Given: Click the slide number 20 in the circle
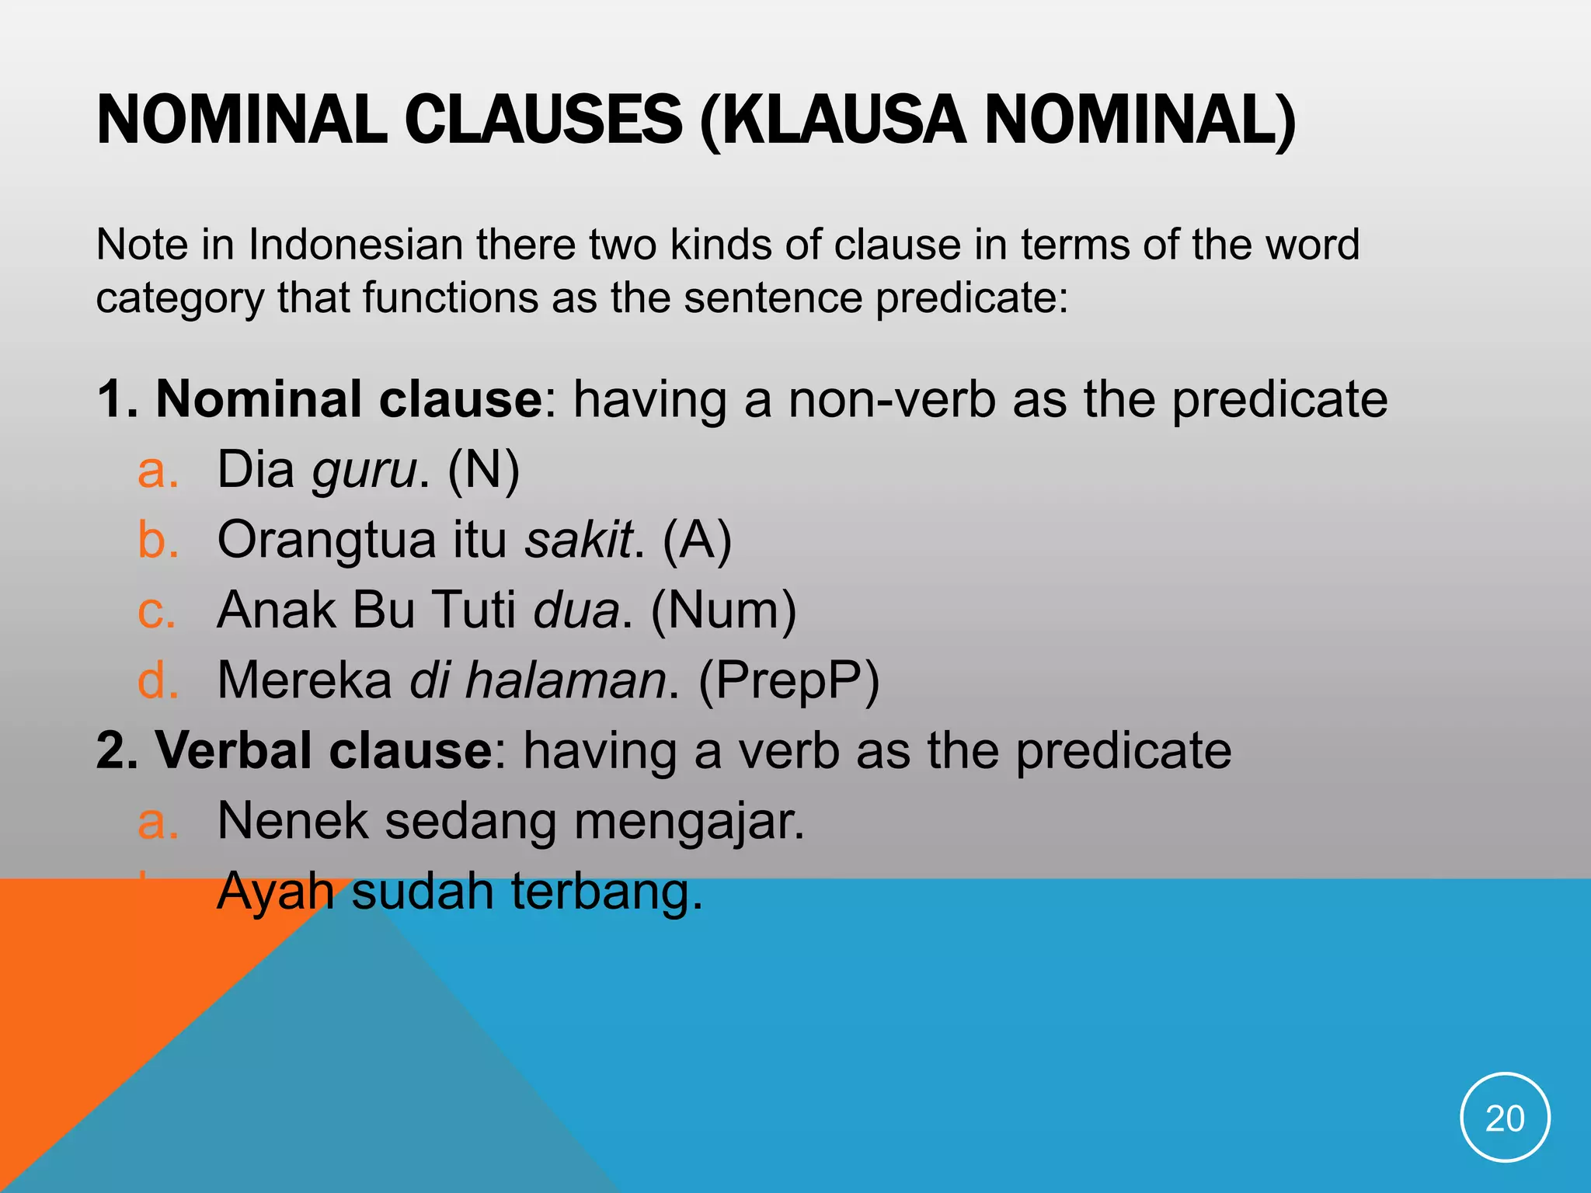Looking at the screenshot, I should coord(1505,1118).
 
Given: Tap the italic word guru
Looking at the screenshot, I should coord(364,471).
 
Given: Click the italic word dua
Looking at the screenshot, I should coord(576,610).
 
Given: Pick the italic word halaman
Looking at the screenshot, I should coord(566,680).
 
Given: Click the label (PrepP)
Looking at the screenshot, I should coord(789,681).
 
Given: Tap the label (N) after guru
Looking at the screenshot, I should coord(483,471).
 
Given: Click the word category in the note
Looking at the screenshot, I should coord(179,299).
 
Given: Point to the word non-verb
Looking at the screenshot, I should coord(892,399).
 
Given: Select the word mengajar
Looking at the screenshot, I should coord(689,822).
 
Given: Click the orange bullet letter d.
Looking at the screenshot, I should coord(158,680).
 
